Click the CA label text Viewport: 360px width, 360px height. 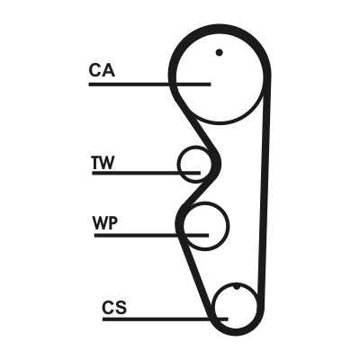[102, 70]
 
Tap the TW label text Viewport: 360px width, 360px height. [103, 163]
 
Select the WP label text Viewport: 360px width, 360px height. [105, 223]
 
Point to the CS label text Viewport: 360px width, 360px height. [114, 307]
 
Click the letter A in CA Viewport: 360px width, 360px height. [109, 70]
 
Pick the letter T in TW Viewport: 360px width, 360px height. [96, 163]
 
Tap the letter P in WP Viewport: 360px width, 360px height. [112, 223]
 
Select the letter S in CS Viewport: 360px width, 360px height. [121, 307]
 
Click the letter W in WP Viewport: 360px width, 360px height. [100, 223]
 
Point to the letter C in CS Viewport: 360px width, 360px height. [108, 307]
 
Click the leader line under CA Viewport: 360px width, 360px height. [149, 85]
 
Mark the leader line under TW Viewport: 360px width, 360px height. [146, 173]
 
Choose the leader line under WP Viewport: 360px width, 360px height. [151, 236]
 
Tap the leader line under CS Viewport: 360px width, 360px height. [166, 319]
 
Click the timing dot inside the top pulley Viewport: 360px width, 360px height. [220, 52]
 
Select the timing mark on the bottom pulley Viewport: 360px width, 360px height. [237, 287]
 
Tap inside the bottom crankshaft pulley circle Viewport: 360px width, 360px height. [236, 306]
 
